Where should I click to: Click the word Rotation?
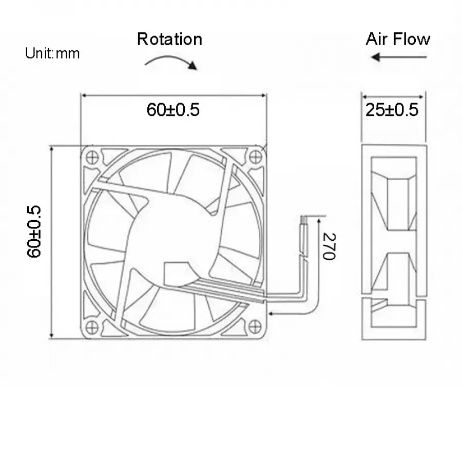pyautogui.click(x=170, y=39)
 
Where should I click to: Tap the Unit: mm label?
pyautogui.click(x=52, y=53)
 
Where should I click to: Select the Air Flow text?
pyautogui.click(x=398, y=39)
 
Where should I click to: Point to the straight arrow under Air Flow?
pyautogui.click(x=399, y=57)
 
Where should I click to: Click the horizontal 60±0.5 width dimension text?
pyautogui.click(x=174, y=110)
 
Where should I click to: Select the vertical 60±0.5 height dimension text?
pyautogui.click(x=33, y=232)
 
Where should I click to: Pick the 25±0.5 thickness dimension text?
pyautogui.click(x=392, y=110)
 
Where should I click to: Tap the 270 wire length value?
pyautogui.click(x=329, y=246)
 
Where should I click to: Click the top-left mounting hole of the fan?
pyautogui.click(x=92, y=157)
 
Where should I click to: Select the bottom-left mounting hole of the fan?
pyautogui.click(x=92, y=327)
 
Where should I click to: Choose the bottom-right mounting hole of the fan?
pyautogui.click(x=255, y=326)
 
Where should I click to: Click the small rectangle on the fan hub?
pyautogui.click(x=177, y=274)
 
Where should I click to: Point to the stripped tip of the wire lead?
pyautogui.click(x=304, y=220)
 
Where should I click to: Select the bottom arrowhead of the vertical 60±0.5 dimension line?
pyautogui.click(x=51, y=335)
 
